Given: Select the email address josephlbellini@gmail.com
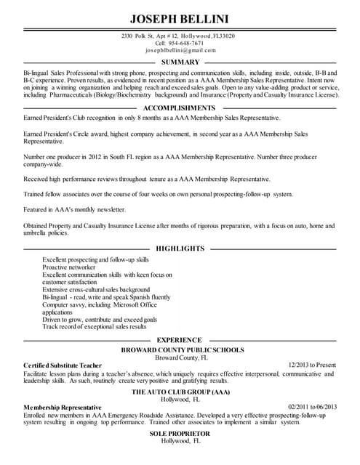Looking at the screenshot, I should pyautogui.click(x=180, y=51).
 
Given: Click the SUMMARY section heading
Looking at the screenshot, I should pyautogui.click(x=180, y=62).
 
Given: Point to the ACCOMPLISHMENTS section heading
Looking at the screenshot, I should pyautogui.click(x=180, y=107).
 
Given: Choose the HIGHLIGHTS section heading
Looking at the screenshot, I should pyautogui.click(x=180, y=248).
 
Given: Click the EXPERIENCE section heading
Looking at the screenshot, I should pyautogui.click(x=180, y=339).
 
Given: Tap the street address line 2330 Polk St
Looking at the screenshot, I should pyautogui.click(x=178, y=36).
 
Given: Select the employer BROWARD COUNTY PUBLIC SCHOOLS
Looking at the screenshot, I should pyautogui.click(x=182, y=349).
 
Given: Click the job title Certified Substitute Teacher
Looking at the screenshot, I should pyautogui.click(x=62, y=365).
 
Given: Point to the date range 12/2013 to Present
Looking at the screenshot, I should pyautogui.click(x=311, y=365).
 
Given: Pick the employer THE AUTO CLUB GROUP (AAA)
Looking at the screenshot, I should pyautogui.click(x=180, y=392).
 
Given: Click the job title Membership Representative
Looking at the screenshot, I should pyautogui.click(x=63, y=407).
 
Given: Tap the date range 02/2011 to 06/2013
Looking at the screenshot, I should pyautogui.click(x=313, y=407).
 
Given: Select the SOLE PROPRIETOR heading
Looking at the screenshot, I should pyautogui.click(x=180, y=434).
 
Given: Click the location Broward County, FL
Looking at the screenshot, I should pyautogui.click(x=182, y=357).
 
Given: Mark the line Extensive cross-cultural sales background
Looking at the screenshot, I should pyautogui.click(x=96, y=289).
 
